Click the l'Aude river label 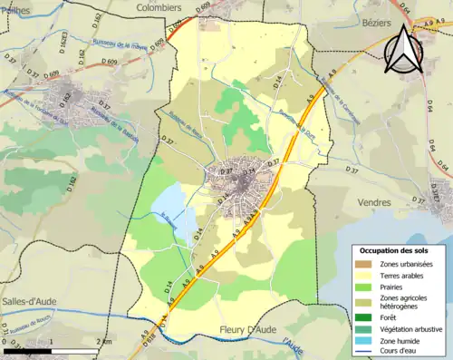[294, 344]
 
